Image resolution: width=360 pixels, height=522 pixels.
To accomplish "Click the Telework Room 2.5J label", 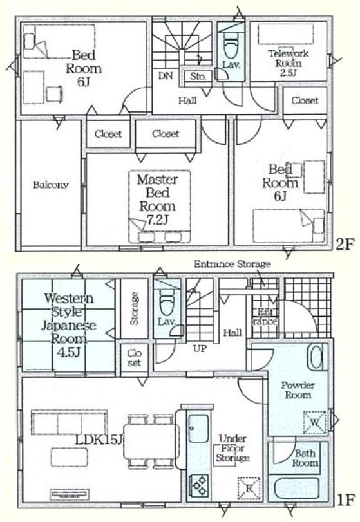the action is click(289, 63).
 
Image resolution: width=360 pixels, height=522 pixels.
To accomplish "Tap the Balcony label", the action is click(51, 185).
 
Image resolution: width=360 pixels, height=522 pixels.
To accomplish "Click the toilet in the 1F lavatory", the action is click(166, 303).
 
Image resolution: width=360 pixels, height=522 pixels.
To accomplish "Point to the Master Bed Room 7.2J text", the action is click(158, 200).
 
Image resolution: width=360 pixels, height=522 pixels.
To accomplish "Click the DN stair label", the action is click(165, 76).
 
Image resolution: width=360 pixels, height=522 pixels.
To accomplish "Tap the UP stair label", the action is click(200, 349).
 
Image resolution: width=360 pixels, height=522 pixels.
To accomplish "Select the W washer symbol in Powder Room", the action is click(314, 422).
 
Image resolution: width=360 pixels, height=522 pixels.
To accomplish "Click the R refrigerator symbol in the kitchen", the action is click(249, 489).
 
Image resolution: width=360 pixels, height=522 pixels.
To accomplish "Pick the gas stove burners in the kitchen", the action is click(199, 486).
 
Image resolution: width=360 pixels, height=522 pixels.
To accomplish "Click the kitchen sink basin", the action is click(198, 429).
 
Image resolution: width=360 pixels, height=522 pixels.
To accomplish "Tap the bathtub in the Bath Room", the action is click(297, 489).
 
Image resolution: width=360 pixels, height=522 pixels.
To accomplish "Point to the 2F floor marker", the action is click(344, 245).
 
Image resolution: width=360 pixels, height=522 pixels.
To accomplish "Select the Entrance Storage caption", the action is click(232, 265).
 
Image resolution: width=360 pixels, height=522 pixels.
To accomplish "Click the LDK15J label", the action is click(99, 440).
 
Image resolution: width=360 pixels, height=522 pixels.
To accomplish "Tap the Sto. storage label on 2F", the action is click(198, 77).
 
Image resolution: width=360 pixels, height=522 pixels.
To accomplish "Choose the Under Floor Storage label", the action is click(232, 448).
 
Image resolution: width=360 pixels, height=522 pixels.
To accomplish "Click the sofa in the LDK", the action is click(70, 422).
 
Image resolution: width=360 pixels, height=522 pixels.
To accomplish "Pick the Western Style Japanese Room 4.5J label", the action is click(68, 325).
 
